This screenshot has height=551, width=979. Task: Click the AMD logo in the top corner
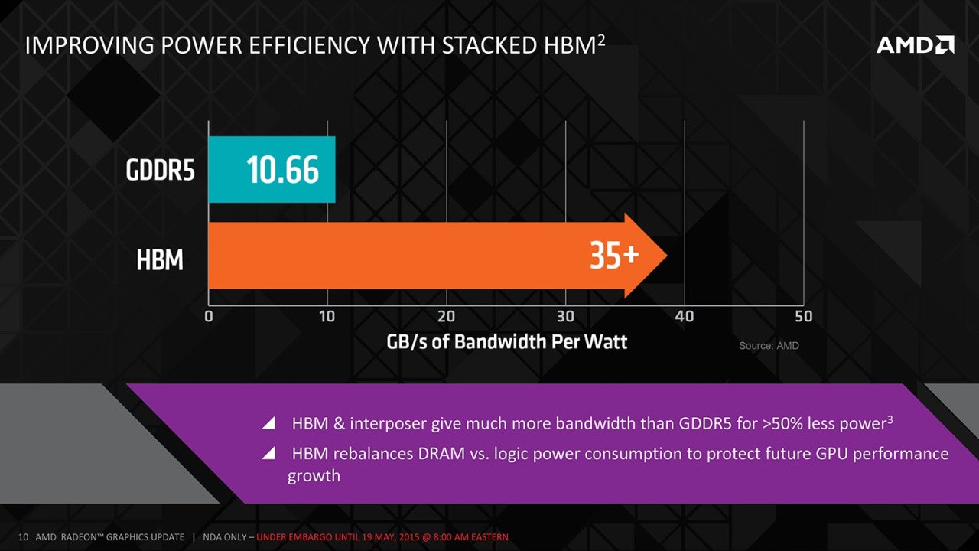click(x=915, y=45)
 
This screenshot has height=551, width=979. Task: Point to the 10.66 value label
click(x=282, y=170)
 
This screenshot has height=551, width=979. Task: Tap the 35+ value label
click(x=613, y=256)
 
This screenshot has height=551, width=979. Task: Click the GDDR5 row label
click(x=160, y=171)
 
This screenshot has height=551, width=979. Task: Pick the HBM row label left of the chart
click(x=160, y=261)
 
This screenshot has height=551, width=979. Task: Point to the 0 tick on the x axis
click(x=209, y=316)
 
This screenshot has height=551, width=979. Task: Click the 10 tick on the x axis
click(x=327, y=316)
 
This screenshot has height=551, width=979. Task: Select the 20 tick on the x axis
click(x=446, y=316)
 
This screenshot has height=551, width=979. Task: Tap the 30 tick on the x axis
click(x=565, y=316)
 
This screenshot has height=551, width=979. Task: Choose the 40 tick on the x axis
click(x=685, y=316)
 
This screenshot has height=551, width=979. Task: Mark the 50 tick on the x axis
click(x=803, y=316)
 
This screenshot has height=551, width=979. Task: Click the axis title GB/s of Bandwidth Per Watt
click(x=506, y=341)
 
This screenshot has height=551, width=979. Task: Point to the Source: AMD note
click(x=769, y=346)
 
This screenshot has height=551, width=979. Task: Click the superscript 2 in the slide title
click(x=601, y=40)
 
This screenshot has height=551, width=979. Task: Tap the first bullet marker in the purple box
click(x=268, y=423)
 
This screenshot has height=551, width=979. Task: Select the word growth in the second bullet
click(x=314, y=476)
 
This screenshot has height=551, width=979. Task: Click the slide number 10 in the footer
click(x=23, y=537)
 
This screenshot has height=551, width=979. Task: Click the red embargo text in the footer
click(x=382, y=537)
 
